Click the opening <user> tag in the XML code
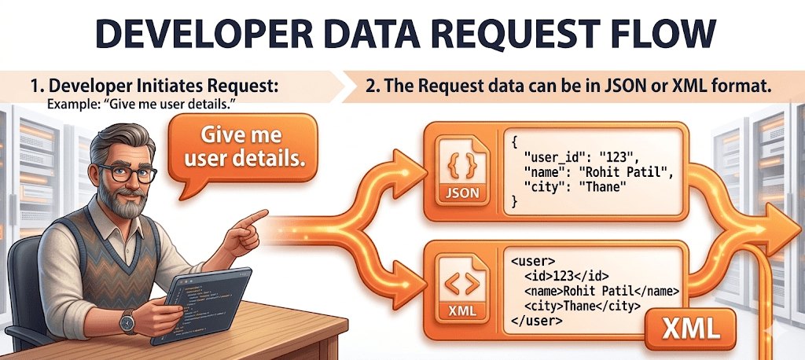[x=534, y=259]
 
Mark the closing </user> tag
[x=537, y=321]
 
